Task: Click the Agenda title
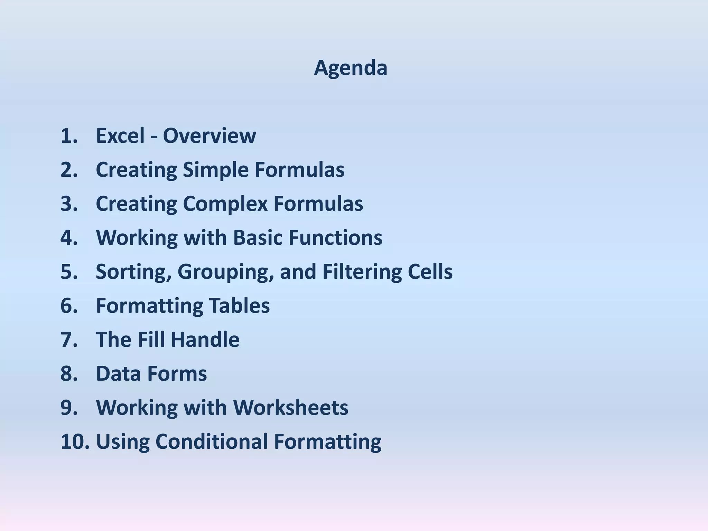point(350,68)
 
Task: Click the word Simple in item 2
point(215,169)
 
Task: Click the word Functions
point(335,237)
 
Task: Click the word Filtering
point(362,272)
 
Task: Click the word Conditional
point(212,441)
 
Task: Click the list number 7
point(69,339)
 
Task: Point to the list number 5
point(69,272)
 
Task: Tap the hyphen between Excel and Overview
point(153,136)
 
